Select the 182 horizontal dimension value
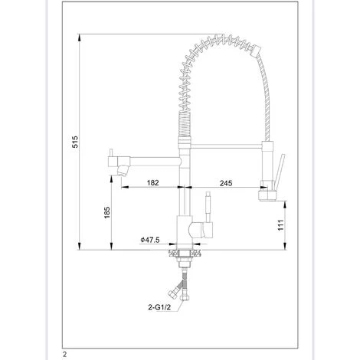[x=152, y=183]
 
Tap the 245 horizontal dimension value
[x=224, y=183]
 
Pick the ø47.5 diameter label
[x=149, y=241]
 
